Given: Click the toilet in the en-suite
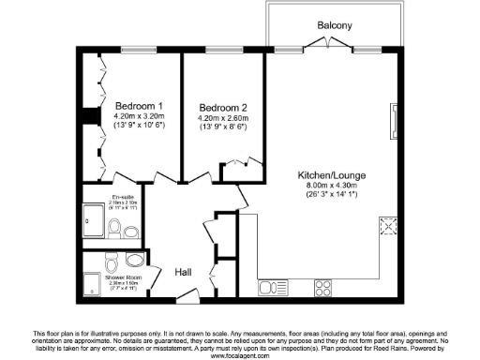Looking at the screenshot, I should click(x=113, y=228).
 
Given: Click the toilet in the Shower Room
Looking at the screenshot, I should click(x=113, y=260).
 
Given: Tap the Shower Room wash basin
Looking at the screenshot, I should click(x=137, y=260).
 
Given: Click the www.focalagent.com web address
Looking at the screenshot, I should click(x=239, y=355).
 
